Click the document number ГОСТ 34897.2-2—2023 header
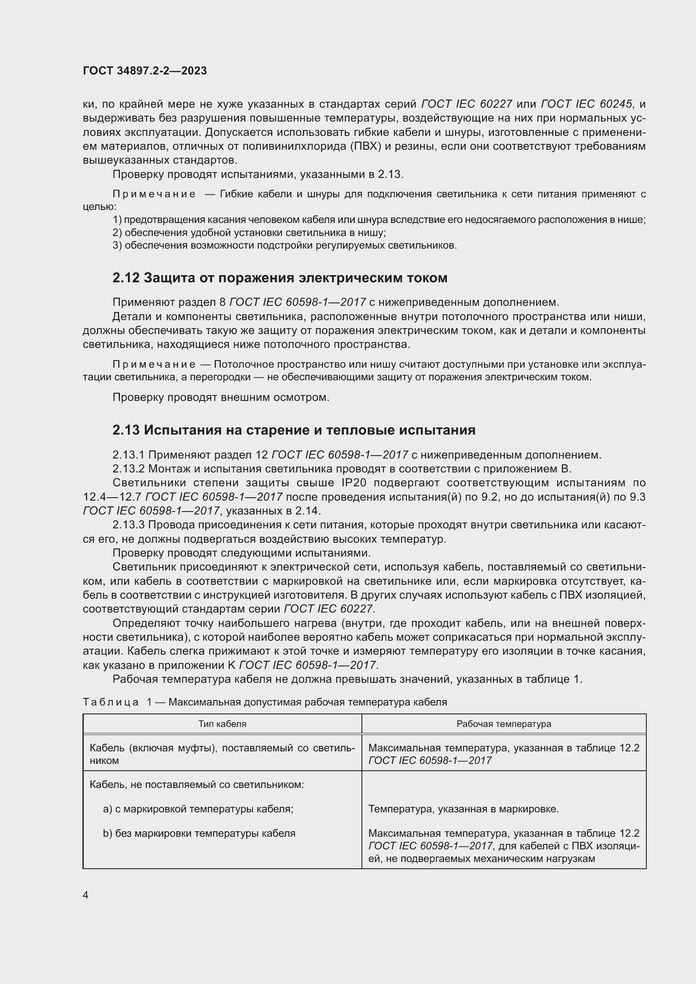(x=145, y=71)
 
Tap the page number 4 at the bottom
(x=86, y=895)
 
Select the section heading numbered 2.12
(x=279, y=278)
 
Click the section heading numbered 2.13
(x=294, y=430)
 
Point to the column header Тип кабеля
(x=222, y=724)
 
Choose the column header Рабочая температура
(x=504, y=724)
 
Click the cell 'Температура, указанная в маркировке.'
(x=463, y=809)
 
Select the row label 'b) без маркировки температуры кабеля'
(x=199, y=833)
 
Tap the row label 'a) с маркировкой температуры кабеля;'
(x=198, y=809)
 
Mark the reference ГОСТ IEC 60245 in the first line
(x=587, y=104)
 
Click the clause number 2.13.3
(x=129, y=525)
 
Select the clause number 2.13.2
(x=129, y=468)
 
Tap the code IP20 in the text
(x=353, y=483)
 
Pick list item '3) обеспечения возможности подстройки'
(x=284, y=246)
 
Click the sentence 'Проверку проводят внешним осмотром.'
(x=221, y=397)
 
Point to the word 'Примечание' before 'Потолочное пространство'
(x=154, y=365)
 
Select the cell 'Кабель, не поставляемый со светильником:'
(x=197, y=785)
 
